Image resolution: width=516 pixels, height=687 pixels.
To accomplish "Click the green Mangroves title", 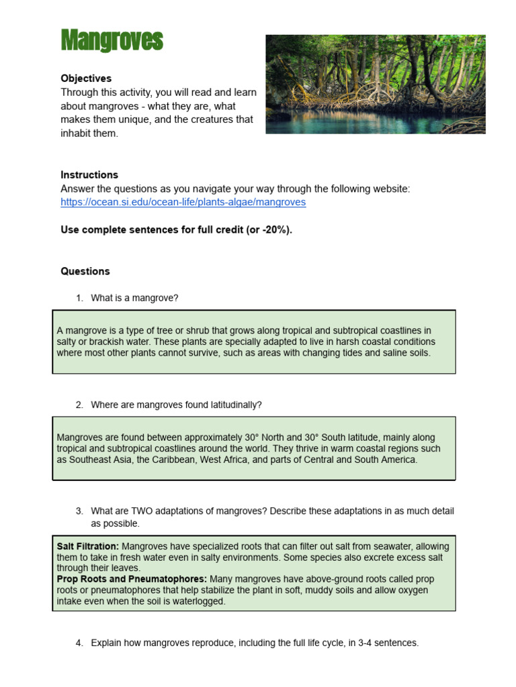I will coord(112,41).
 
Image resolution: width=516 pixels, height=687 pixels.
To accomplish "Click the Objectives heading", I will coord(86,78).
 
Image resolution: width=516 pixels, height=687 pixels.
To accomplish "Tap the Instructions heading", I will coord(89,175).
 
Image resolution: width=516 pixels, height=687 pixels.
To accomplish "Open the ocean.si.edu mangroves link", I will coord(183,202).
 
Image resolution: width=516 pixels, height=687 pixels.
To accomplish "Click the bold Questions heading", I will coord(85,272).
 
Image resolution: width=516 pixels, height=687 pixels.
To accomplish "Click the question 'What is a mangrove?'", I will coord(134,298).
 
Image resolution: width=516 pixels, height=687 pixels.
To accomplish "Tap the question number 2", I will coord(79,405).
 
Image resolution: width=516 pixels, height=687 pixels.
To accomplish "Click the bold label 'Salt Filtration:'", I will coord(88,547).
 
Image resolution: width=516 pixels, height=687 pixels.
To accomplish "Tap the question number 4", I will coord(79,643).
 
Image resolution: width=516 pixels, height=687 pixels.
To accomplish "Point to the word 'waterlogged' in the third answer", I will coord(200,602).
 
